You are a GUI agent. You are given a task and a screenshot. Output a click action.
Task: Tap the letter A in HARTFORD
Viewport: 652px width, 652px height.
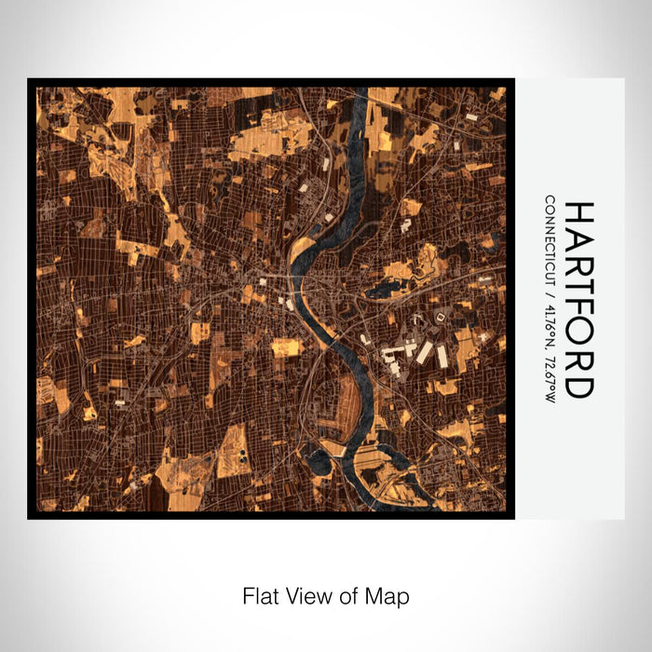[x=578, y=241]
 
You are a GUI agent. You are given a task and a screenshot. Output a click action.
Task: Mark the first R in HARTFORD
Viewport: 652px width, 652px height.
[x=578, y=266]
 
